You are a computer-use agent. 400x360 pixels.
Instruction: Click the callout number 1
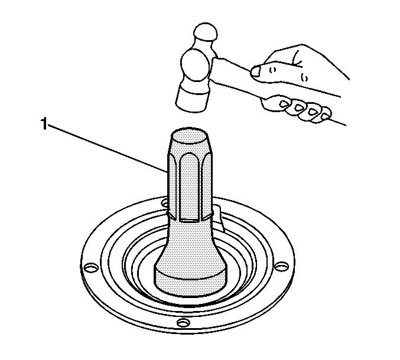(44, 124)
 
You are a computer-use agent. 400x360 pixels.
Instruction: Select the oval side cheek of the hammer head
(196, 66)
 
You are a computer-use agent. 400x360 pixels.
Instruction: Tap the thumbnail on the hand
(256, 71)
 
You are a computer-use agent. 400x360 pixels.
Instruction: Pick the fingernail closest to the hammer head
(284, 104)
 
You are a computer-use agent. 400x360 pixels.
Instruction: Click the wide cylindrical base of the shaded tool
(190, 281)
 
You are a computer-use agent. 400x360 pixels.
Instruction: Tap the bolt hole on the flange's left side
(92, 268)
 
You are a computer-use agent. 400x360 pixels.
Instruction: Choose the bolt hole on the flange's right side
(282, 266)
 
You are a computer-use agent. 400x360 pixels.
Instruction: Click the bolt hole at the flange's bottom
(184, 323)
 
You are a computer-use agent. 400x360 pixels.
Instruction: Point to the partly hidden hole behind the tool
(164, 203)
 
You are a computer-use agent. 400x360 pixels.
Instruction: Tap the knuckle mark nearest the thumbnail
(273, 70)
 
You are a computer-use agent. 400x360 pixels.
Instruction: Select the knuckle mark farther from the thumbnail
(304, 77)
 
